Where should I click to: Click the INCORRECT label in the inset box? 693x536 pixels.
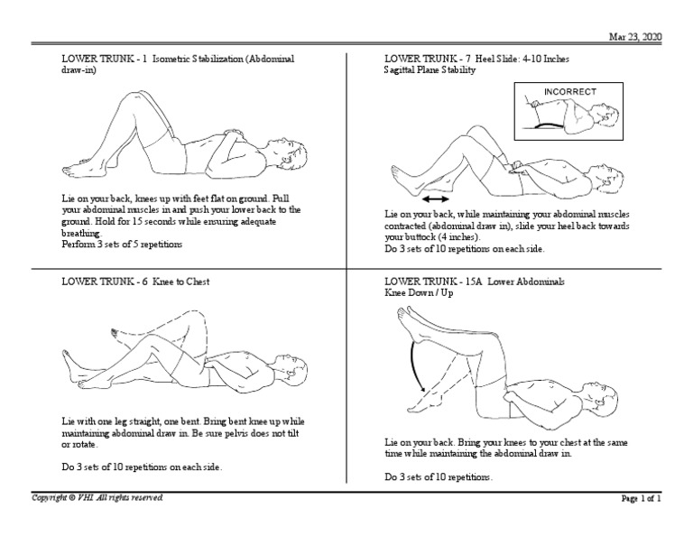pos(570,91)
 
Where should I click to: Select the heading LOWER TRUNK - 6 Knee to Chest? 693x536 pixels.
pos(135,282)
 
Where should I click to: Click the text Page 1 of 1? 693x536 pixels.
pos(641,498)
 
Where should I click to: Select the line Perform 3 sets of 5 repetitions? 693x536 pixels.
pos(121,245)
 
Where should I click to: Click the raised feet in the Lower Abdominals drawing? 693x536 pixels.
pos(411,316)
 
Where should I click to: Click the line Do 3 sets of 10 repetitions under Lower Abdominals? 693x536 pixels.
pos(439,476)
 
